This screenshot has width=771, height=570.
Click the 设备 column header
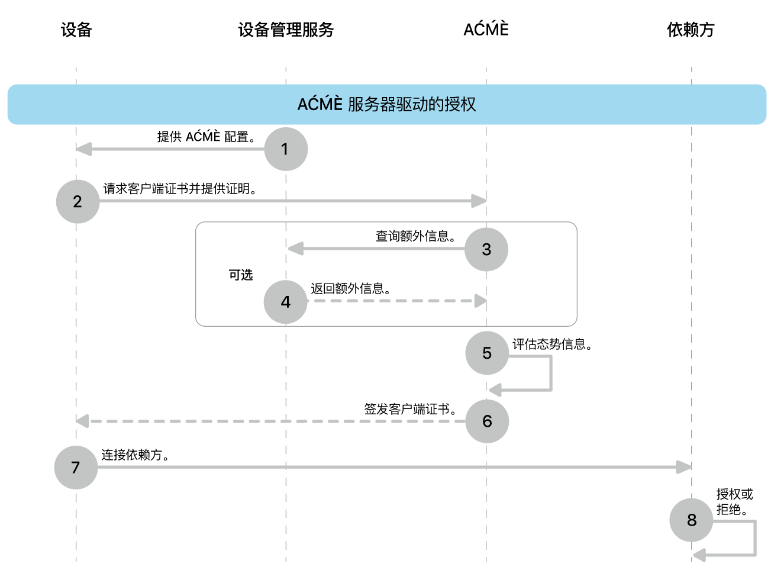pos(76,30)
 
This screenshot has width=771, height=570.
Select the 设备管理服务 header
pos(286,30)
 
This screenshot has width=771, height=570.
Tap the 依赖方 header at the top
pos(691,30)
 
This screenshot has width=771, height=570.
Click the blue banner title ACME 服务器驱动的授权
pos(386,104)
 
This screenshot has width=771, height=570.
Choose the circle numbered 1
pos(286,149)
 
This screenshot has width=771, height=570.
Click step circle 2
pos(78,202)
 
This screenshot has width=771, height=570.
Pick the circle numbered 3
pos(486,250)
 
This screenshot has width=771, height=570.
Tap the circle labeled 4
pos(286,302)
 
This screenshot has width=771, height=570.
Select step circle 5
pos(487,353)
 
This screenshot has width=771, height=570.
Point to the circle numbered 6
pos(487,421)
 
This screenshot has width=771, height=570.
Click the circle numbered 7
pos(76,468)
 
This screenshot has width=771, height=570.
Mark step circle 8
pos(691,520)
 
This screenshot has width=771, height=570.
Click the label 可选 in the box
pos(241,275)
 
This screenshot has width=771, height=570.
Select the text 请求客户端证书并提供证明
pos(179,189)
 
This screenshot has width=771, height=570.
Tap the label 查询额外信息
pos(415,236)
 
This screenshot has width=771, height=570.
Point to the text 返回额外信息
pos(350,288)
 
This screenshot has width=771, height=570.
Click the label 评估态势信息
pos(552,344)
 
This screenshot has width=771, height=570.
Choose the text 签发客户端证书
pos(409,409)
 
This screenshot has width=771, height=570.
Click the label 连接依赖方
pos(135,455)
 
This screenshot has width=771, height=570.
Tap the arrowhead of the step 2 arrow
pos(479,201)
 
